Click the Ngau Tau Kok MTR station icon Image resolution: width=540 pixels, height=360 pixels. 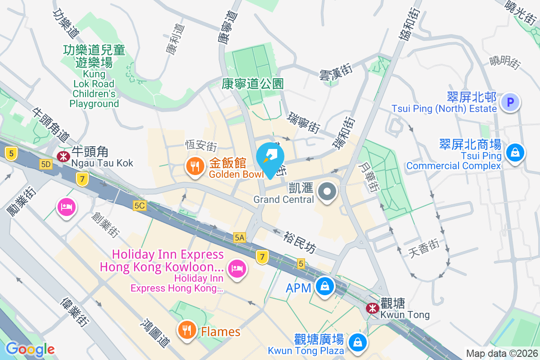click(x=63, y=156)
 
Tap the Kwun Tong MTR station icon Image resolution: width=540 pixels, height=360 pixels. click(x=372, y=308)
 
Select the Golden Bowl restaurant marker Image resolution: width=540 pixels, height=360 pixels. click(x=194, y=167)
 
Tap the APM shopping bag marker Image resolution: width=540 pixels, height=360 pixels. click(x=324, y=286)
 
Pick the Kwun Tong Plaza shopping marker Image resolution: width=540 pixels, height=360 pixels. click(x=358, y=342)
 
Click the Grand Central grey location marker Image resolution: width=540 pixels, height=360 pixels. click(x=327, y=192)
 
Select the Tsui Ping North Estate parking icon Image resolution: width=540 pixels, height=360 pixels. click(x=510, y=103)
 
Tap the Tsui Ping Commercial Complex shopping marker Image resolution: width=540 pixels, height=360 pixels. click(x=513, y=153)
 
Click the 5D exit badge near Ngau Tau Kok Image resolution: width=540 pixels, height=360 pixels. click(x=46, y=165)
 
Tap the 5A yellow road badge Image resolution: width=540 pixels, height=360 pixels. click(x=239, y=237)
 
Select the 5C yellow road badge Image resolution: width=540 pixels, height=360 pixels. click(x=140, y=206)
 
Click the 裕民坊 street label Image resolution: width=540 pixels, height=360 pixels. click(x=300, y=243)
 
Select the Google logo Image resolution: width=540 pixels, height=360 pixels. click(x=30, y=349)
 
